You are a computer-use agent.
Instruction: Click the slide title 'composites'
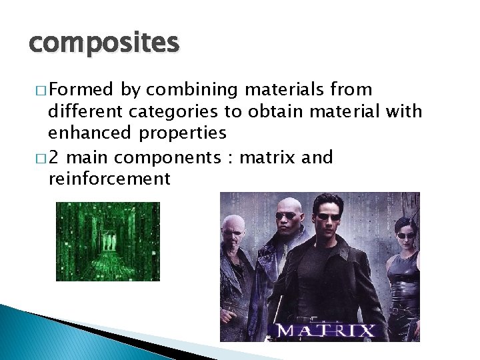104,43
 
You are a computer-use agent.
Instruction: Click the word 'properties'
183,133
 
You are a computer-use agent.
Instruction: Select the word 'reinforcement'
109,179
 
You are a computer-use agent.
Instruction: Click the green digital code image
107,241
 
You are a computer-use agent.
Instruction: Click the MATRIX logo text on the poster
326,330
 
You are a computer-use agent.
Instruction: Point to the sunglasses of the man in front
326,217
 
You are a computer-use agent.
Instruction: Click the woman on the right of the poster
405,267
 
